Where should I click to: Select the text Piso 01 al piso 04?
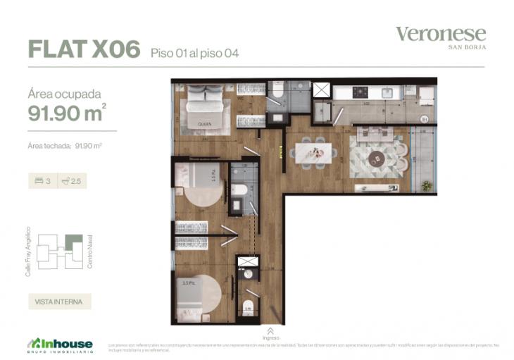click(194, 53)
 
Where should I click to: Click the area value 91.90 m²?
click(68, 112)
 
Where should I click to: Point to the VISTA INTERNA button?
click(59, 302)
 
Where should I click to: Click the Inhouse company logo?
click(60, 344)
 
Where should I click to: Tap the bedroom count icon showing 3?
click(42, 181)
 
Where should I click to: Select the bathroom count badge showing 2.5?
click(71, 181)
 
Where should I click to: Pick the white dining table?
click(310, 151)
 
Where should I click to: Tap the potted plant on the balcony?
click(427, 186)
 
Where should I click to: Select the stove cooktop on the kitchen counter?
click(360, 92)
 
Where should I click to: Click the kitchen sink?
click(387, 92)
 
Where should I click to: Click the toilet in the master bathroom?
click(277, 93)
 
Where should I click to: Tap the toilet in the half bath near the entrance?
click(247, 306)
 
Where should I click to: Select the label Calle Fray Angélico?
click(28, 251)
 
